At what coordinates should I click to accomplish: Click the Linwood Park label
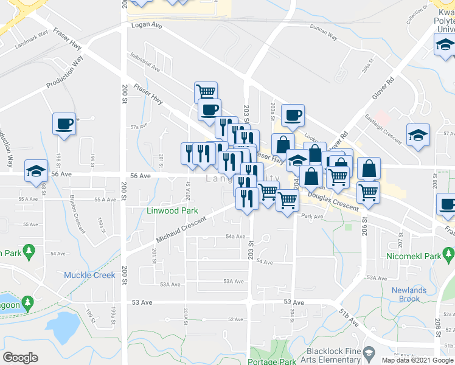coord(172,211)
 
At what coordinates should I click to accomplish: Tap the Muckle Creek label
coord(89,276)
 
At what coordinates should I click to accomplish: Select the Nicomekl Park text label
coord(417,257)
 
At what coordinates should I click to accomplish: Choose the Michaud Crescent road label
coord(181,227)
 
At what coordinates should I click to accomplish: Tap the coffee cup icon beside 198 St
coord(64,123)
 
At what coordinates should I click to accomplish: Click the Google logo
coord(20,358)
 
